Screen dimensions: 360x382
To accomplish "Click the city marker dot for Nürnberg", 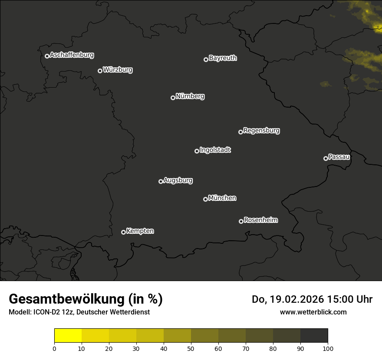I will [173, 98].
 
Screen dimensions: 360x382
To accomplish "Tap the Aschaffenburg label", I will [72, 55].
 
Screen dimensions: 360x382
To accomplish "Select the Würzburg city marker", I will [100, 71].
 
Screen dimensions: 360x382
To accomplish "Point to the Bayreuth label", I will [223, 58].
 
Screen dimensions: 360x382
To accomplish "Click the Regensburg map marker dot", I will [240, 132].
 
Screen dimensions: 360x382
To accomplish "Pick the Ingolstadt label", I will [215, 150].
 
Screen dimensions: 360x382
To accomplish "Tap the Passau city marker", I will [326, 158].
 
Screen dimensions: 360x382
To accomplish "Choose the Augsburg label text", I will [178, 180].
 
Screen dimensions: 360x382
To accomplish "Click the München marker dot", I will [205, 199].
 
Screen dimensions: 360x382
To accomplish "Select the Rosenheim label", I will [260, 220].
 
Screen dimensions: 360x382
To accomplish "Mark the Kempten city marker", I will [123, 232].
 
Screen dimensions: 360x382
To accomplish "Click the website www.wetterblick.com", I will [313, 312].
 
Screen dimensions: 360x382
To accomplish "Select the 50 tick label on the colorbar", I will [191, 348].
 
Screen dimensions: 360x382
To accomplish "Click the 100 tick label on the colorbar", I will [328, 348].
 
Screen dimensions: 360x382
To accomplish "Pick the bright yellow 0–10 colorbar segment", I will [68, 336].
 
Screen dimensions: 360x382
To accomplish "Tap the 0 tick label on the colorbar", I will [54, 348].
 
